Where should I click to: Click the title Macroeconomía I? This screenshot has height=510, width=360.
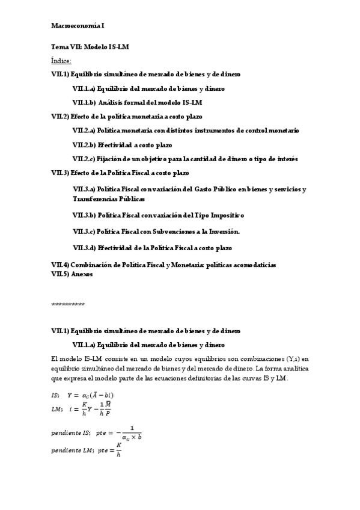click(x=77, y=26)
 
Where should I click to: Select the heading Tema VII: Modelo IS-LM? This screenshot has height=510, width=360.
click(x=90, y=46)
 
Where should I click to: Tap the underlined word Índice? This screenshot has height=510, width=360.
click(x=61, y=61)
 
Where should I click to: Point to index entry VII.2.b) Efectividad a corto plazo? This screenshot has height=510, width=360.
click(x=122, y=144)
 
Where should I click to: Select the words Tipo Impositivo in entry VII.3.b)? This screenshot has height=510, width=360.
click(x=219, y=215)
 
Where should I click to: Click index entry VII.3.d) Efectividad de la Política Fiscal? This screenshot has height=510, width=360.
click(x=152, y=248)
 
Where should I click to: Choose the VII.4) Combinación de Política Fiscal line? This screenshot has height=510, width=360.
click(x=163, y=265)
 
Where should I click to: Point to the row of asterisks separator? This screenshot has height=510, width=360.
click(x=67, y=304)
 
